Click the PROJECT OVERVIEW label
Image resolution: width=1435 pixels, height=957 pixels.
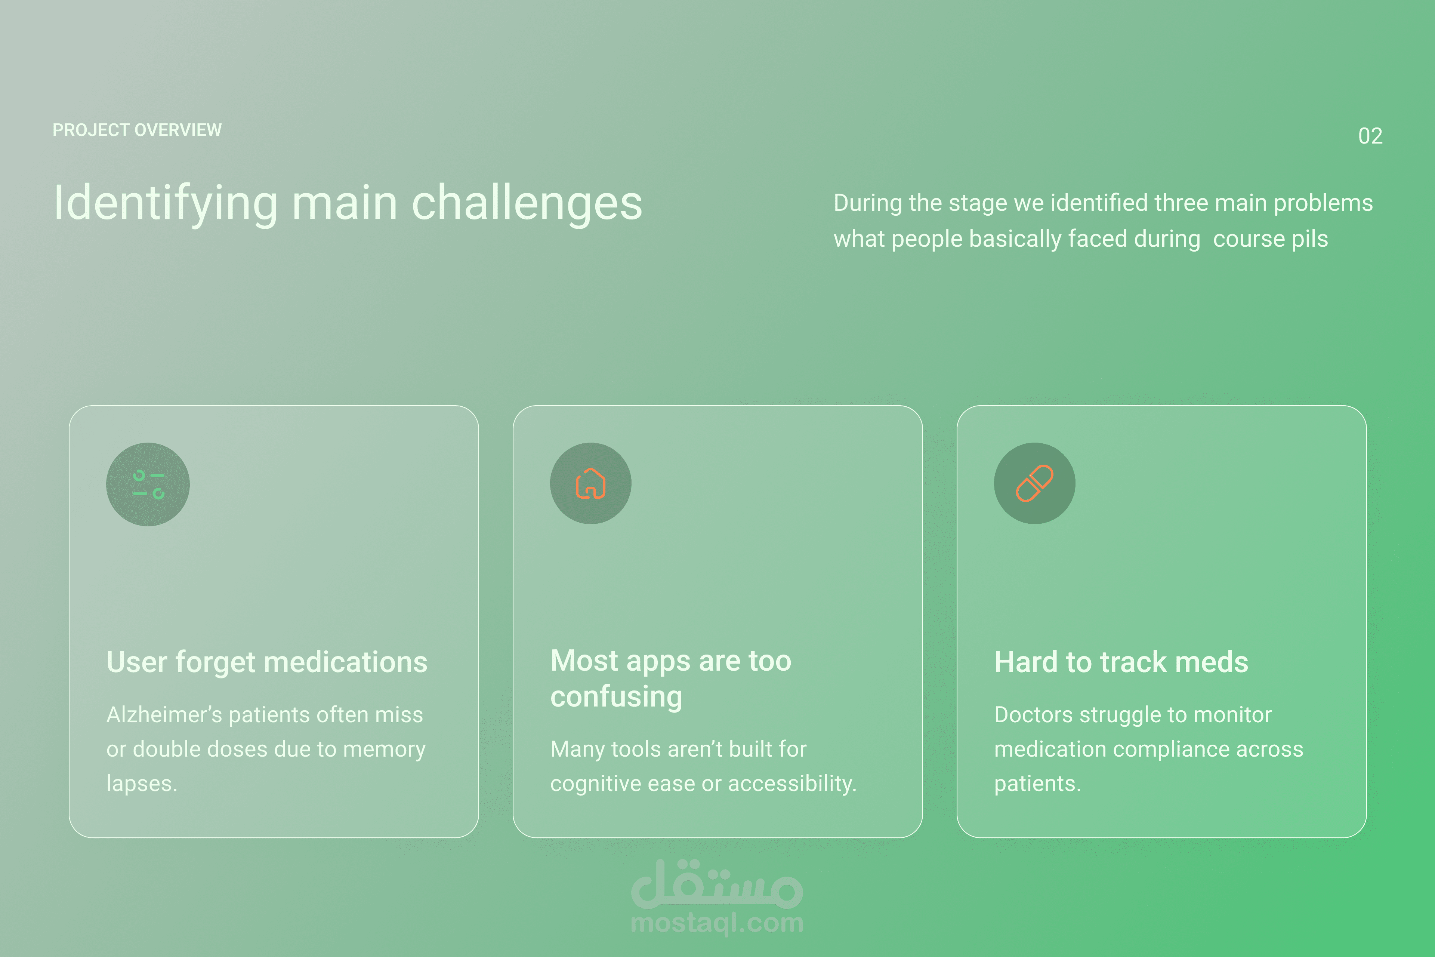click(x=137, y=130)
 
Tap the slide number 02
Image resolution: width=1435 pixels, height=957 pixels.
click(x=1370, y=135)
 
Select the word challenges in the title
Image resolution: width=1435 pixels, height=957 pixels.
click(x=527, y=204)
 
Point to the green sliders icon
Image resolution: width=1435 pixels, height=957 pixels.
click(x=148, y=484)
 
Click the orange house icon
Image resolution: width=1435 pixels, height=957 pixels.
click(x=590, y=483)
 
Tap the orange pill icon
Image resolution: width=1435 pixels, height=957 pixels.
click(x=1035, y=483)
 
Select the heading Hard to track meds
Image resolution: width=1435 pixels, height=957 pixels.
click(x=1121, y=662)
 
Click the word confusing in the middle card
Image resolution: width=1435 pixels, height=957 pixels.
click(x=616, y=697)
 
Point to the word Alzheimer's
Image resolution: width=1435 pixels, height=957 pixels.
click(x=164, y=715)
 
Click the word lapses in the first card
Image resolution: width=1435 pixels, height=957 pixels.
click(x=142, y=784)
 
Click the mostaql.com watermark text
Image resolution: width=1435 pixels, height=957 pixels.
click(x=717, y=923)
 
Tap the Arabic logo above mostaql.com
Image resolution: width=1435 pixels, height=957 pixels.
click(x=717, y=883)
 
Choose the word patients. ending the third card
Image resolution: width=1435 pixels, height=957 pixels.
click(x=1037, y=784)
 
